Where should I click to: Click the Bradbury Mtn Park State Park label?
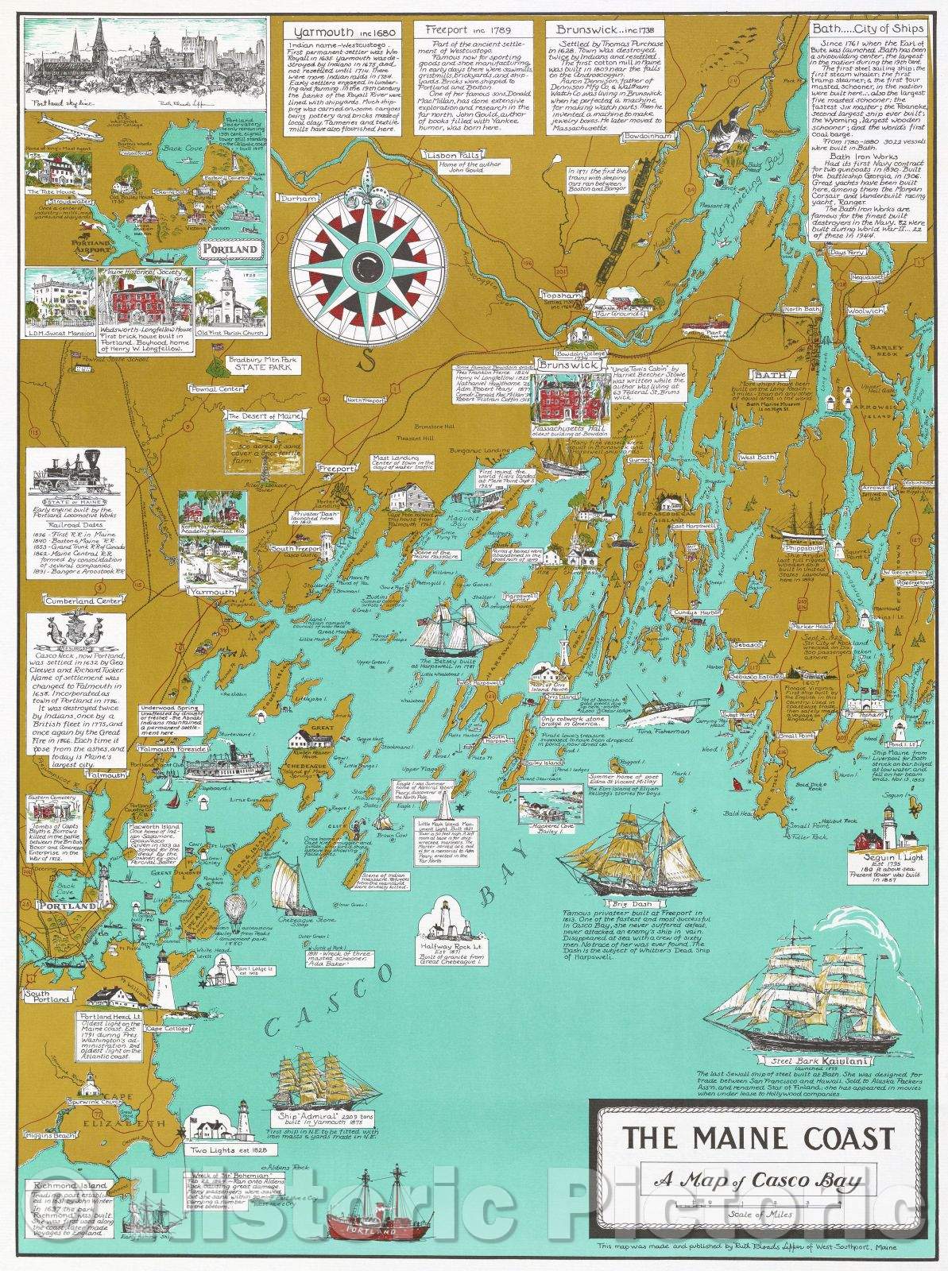click(255, 365)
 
